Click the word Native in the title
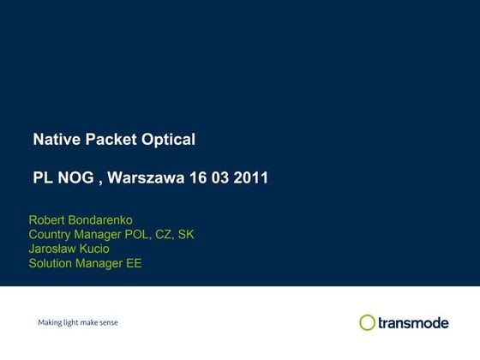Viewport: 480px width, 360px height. [x=53, y=139]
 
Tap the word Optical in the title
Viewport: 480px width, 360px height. [x=168, y=139]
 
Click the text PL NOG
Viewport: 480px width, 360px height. [x=63, y=178]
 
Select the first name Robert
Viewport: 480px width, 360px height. [x=48, y=220]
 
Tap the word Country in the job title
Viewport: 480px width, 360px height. [x=51, y=234]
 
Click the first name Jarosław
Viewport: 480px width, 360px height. [x=53, y=249]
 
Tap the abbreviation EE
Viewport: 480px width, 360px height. [x=135, y=263]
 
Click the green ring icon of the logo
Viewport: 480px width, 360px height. [x=368, y=322]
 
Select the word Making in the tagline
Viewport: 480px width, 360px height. [x=51, y=323]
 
